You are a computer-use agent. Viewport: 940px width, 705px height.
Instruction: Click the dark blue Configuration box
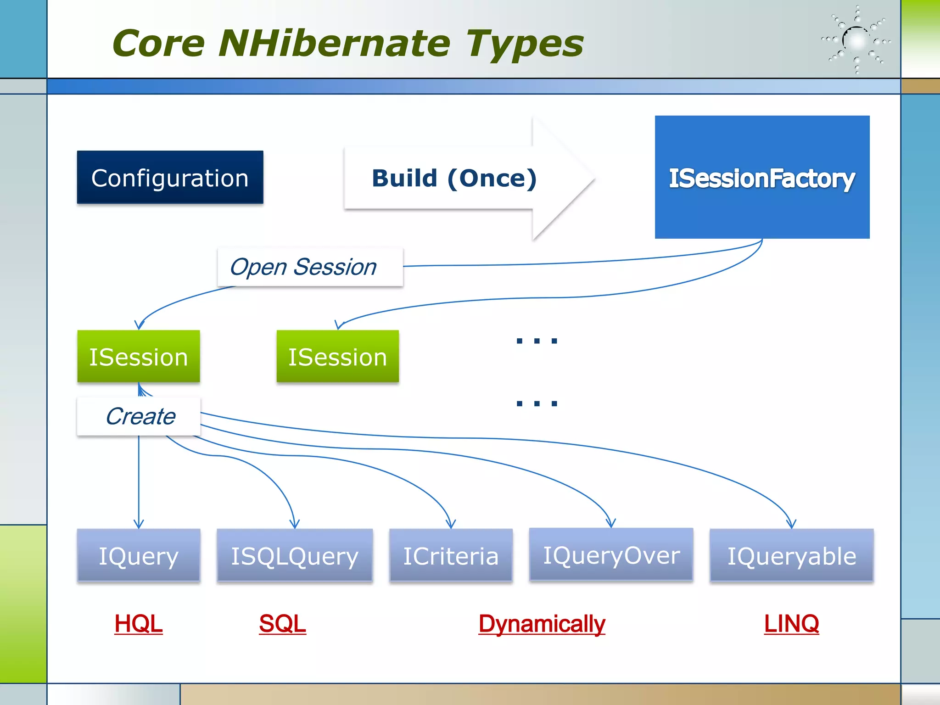coord(170,178)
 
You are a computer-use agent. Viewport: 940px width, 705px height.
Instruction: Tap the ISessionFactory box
coord(762,178)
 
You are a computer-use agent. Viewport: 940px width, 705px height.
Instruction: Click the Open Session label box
coord(310,267)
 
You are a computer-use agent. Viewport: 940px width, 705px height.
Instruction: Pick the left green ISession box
coord(138,357)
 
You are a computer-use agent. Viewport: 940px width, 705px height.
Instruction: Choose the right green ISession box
coord(337,357)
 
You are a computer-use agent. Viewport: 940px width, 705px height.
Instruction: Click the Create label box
coord(139,416)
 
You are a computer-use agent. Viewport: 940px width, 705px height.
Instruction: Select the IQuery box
coord(138,556)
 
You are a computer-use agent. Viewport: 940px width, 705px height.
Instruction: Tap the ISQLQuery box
coord(295,556)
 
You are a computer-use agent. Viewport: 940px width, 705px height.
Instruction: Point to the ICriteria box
coord(451,556)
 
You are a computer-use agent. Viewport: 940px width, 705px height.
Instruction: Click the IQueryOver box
coord(611,555)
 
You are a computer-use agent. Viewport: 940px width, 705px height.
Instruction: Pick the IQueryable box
coord(791,556)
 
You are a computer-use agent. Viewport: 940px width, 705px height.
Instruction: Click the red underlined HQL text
coord(138,624)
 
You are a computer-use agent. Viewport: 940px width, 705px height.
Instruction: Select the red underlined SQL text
coord(282,624)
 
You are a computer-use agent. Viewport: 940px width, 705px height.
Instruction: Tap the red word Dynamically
coord(542,624)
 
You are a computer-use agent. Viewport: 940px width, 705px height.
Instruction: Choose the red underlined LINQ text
coord(791,624)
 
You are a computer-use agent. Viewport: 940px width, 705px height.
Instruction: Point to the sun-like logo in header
coord(856,40)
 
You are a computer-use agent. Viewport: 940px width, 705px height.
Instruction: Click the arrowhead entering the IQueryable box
coord(791,524)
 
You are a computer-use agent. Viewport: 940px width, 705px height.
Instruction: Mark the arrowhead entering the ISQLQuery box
coord(295,524)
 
